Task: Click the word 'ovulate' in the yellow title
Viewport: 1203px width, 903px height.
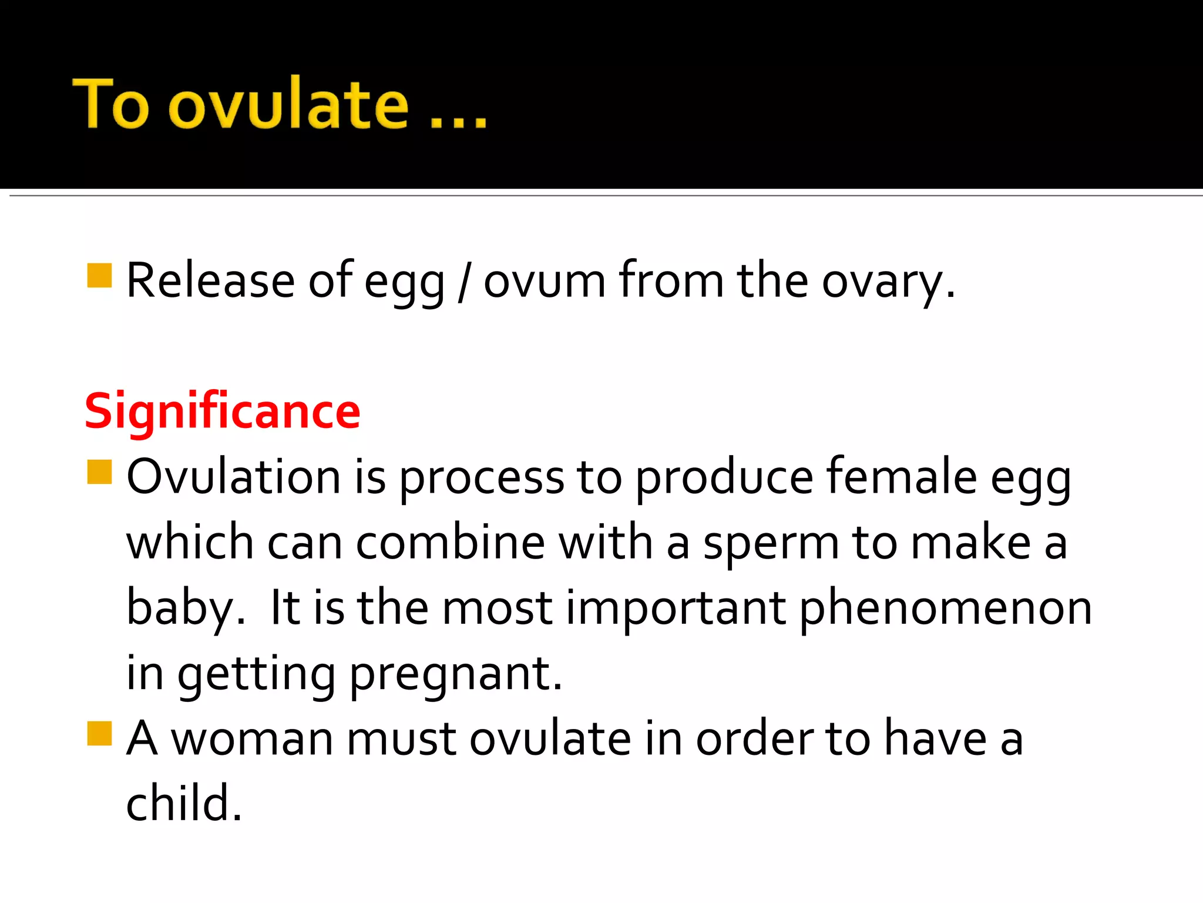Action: [288, 105]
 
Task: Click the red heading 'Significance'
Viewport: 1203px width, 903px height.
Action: [222, 411]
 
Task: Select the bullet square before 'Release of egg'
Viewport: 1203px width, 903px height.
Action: [99, 276]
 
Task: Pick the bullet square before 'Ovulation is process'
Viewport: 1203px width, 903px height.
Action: [99, 471]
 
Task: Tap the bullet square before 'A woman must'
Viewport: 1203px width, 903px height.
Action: [99, 733]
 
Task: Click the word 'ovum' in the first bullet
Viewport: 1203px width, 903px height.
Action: [544, 281]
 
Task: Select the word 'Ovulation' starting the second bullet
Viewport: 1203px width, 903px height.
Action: [233, 476]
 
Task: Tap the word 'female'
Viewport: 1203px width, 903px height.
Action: [902, 476]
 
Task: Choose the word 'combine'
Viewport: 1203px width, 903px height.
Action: [451, 542]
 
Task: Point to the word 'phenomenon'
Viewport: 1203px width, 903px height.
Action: [946, 608]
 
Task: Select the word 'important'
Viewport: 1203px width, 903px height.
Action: [676, 608]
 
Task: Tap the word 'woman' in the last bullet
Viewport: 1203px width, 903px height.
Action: [251, 739]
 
